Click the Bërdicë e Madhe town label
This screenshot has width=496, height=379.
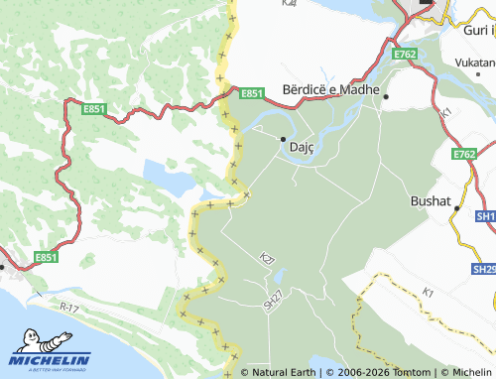[332, 90]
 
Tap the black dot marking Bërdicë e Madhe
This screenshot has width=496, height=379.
[387, 97]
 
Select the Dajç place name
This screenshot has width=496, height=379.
[301, 148]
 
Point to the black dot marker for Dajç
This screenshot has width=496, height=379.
[283, 139]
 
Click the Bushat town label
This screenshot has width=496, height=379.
[429, 200]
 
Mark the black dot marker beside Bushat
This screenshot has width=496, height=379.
[457, 209]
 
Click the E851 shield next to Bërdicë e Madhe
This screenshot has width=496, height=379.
[252, 93]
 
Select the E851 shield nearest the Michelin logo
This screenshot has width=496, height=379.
[46, 257]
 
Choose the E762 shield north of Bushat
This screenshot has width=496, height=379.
[464, 154]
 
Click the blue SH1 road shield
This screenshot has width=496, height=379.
[485, 215]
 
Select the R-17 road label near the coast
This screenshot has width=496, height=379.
[68, 309]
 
